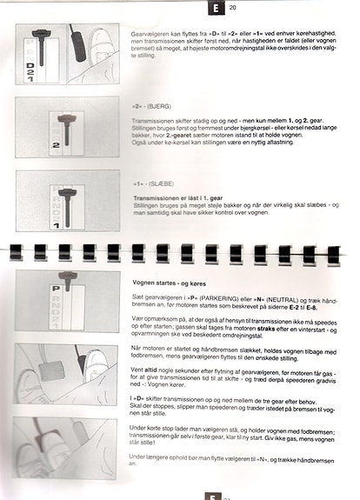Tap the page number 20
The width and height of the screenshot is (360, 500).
tap(233, 9)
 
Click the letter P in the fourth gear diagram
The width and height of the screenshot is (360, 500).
tap(54, 288)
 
